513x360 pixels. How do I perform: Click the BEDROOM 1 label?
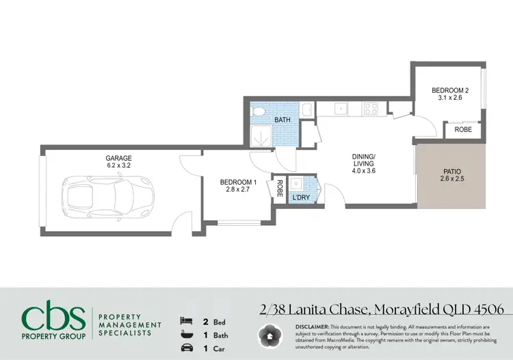238,182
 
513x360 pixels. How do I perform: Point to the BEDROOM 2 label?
450,90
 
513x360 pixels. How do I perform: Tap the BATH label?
282,120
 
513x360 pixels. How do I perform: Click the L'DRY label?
302,198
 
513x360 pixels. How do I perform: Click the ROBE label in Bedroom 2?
463,129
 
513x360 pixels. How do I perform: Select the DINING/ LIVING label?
363,159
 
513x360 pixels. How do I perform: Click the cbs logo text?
53,318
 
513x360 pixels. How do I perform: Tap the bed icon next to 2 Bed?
185,320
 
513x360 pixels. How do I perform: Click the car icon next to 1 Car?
185,348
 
